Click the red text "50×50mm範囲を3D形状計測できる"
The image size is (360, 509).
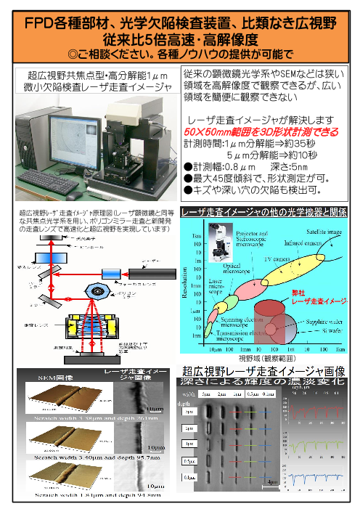pos(260,133)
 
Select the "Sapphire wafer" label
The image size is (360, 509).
pos(324,317)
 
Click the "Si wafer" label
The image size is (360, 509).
pos(331,329)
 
